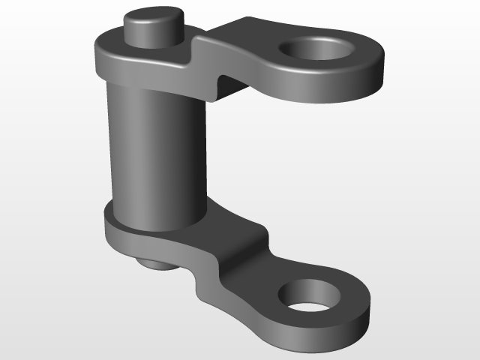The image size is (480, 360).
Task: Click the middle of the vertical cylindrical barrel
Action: pyautogui.click(x=154, y=150)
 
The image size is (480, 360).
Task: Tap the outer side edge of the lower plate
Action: pyautogui.click(x=300, y=337)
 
